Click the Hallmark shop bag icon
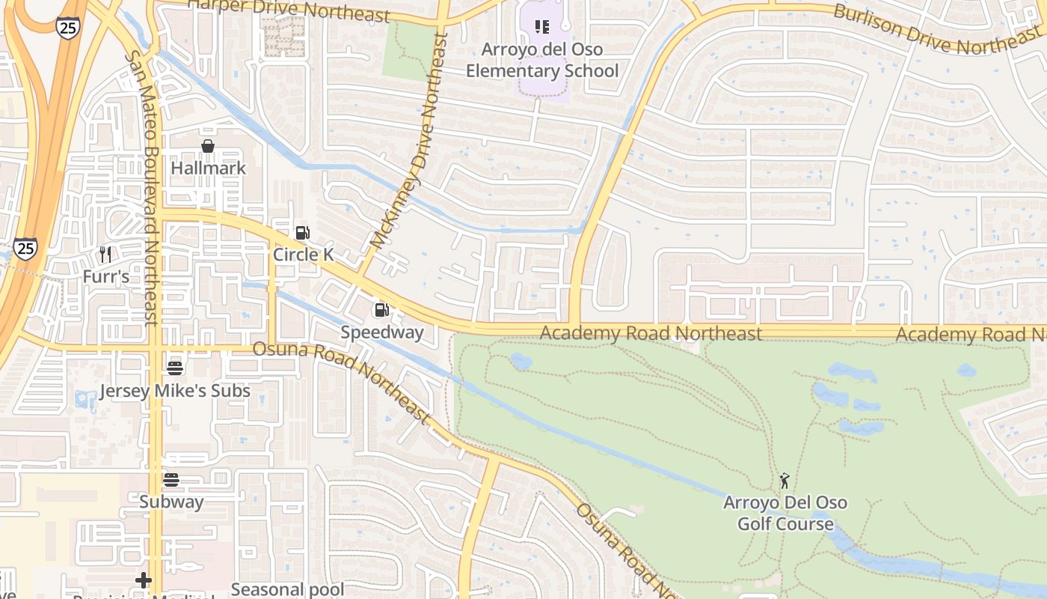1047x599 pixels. coord(208,146)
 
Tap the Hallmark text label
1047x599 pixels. coord(208,168)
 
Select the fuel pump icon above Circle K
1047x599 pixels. coord(302,233)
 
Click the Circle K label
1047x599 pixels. coord(303,255)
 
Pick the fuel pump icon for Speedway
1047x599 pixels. coord(381,309)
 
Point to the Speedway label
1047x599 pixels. coord(382,332)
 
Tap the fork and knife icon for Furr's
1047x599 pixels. coord(105,255)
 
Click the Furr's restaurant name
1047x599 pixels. coord(105,276)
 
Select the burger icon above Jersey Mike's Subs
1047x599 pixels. coord(175,368)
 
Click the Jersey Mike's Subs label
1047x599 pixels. coord(175,391)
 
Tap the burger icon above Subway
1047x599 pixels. coord(171,480)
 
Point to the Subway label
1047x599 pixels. coord(171,502)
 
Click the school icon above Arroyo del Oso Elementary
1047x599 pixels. coord(542,28)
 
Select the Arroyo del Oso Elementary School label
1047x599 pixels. coord(542,60)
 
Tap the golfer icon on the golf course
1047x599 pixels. coord(785,481)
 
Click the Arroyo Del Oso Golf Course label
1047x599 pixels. coord(785,513)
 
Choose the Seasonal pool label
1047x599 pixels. coord(287,589)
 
